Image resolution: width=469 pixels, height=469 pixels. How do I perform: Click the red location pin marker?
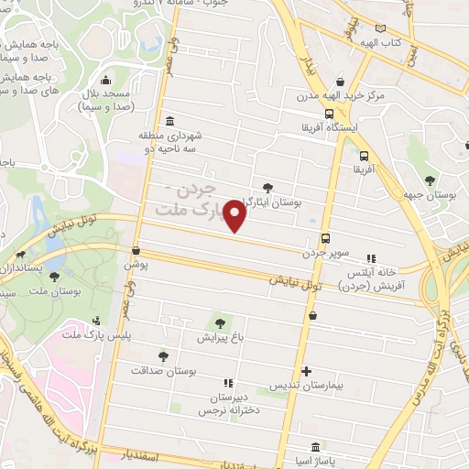coord(235,216)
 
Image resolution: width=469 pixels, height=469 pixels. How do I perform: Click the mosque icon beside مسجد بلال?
coord(106,80)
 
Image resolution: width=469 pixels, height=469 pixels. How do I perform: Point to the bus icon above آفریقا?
coord(365,156)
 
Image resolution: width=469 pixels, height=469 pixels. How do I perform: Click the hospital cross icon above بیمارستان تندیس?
coord(319,370)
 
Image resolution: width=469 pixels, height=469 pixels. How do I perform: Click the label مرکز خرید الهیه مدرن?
coord(338,95)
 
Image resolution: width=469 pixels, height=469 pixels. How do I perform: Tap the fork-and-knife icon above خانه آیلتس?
coord(371,259)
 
